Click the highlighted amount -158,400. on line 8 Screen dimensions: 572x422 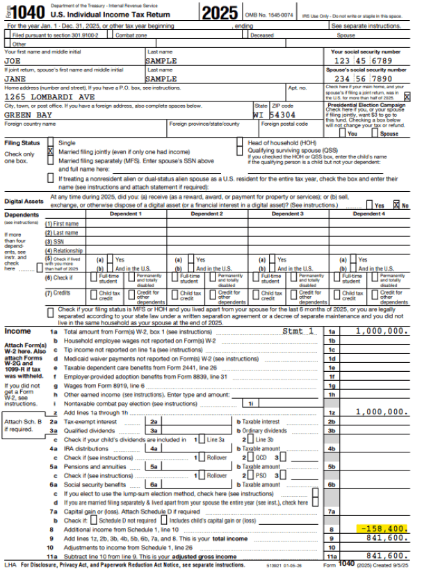point(382,528)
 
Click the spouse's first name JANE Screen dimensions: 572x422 point(15,79)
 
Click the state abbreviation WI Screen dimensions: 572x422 point(259,115)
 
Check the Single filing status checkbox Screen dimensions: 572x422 point(50,142)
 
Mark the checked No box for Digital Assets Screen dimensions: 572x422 point(396,205)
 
